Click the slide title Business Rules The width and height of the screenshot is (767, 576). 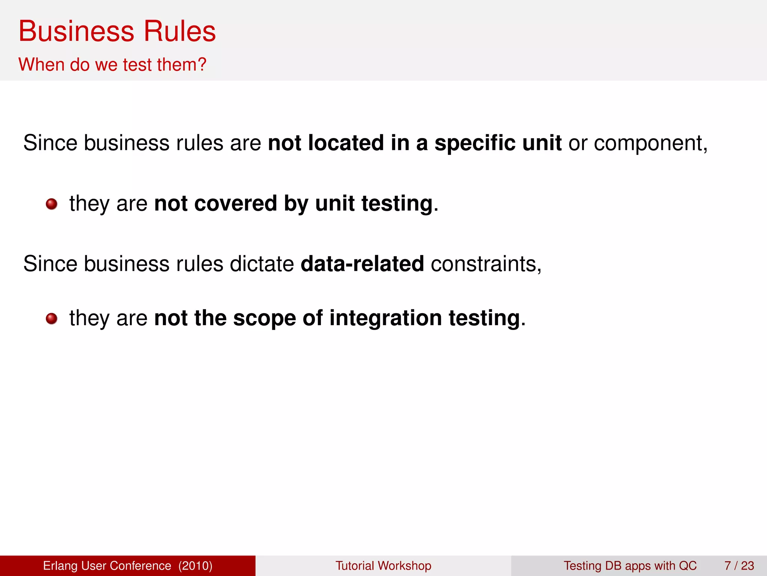click(117, 31)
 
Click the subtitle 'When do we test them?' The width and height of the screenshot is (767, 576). click(112, 64)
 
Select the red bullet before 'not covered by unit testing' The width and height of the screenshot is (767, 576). click(52, 204)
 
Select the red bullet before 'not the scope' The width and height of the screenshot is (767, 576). click(52, 319)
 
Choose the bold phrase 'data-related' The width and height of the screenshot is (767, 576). click(362, 264)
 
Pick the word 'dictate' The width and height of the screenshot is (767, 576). click(262, 264)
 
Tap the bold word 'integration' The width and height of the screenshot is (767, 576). click(386, 318)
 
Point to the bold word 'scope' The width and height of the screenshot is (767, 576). click(264, 318)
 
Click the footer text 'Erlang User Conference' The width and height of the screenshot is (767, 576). click(107, 565)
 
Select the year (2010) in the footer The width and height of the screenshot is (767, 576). click(195, 565)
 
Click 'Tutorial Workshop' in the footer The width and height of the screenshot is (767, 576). click(383, 565)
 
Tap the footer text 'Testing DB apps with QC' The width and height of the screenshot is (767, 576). click(630, 565)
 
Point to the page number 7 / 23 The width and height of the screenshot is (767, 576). click(739, 565)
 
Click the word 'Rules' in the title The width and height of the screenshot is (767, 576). click(180, 31)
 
